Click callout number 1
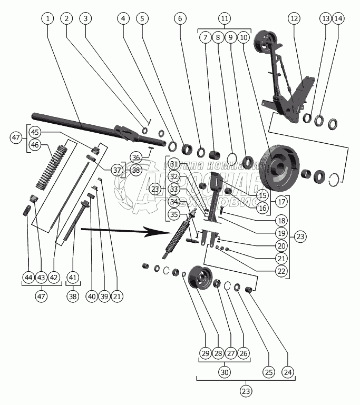(48, 18)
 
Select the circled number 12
(294, 18)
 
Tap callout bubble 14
(338, 18)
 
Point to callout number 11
(225, 18)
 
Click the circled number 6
(180, 18)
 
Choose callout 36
(135, 157)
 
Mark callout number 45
(35, 132)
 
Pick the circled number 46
(35, 144)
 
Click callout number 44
(28, 278)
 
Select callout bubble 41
(73, 278)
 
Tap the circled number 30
(225, 372)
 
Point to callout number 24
(287, 372)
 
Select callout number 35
(174, 214)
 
